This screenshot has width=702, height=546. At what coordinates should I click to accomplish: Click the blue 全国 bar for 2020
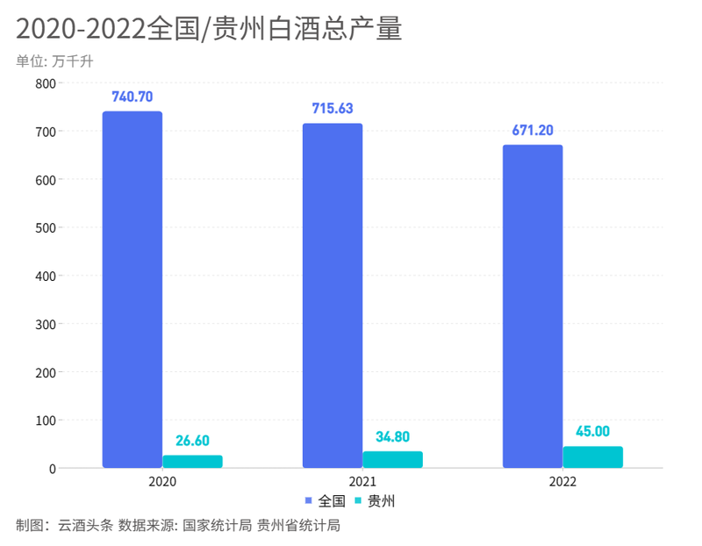133,290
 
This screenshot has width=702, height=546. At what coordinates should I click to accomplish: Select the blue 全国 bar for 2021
333,296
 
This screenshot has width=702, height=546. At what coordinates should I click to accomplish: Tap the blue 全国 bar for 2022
533,306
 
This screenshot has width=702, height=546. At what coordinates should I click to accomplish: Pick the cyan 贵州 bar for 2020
192,462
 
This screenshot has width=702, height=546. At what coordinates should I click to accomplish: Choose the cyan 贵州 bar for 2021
392,460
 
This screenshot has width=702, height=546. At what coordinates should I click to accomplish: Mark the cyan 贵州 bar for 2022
592,457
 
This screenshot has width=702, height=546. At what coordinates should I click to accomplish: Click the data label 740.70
133,97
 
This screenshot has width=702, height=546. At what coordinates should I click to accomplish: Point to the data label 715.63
333,109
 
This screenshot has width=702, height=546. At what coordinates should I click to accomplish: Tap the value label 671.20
533,130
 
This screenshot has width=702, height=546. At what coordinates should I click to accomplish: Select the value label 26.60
192,441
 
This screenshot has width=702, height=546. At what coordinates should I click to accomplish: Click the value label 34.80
392,436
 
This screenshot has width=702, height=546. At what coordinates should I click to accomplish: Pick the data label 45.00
592,432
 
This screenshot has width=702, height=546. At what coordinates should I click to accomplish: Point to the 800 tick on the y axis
46,83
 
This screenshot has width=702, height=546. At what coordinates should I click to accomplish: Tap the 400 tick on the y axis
46,276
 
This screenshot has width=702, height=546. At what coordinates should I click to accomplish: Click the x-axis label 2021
362,482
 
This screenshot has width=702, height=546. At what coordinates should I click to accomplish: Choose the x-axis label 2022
562,482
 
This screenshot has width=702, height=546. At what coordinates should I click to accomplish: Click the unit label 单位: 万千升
54,61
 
